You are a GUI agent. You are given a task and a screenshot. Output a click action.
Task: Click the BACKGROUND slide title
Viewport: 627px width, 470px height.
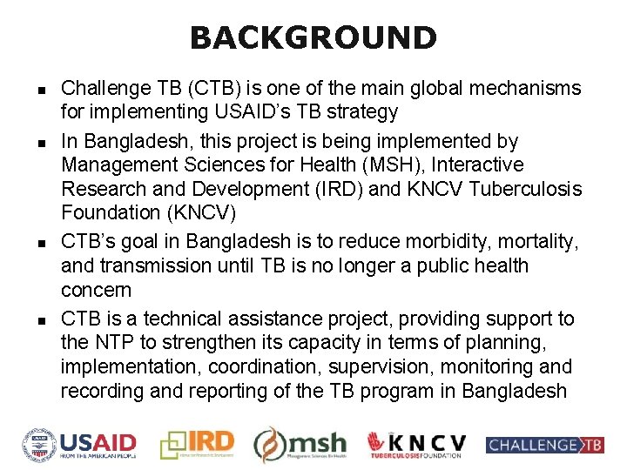point(313,37)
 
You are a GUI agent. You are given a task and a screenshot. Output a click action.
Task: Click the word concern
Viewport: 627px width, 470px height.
point(95,290)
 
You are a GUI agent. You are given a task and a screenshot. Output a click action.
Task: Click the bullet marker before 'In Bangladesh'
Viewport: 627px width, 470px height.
point(41,142)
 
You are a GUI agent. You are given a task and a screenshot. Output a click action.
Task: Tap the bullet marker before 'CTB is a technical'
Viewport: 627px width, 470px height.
point(41,319)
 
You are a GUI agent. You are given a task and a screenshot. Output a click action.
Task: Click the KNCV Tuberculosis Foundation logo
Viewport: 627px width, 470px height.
point(415,445)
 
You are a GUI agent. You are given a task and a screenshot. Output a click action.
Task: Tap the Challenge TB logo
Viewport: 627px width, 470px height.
point(545,446)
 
